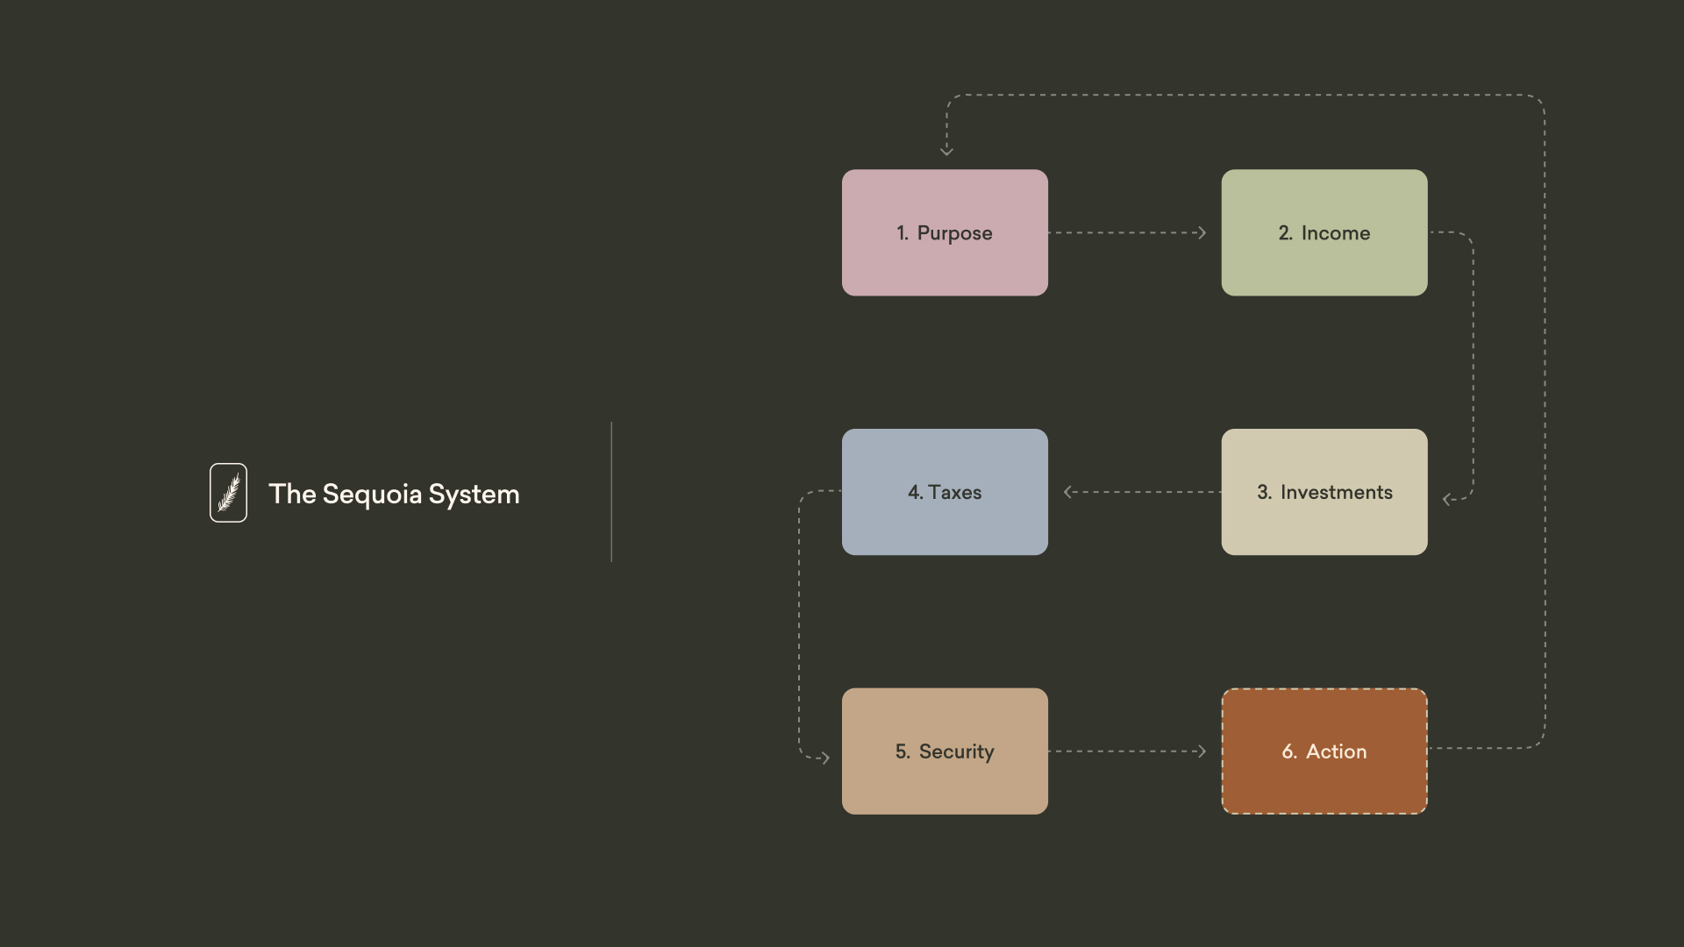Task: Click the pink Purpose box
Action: click(x=945, y=232)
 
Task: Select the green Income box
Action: click(x=1324, y=232)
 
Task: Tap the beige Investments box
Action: click(x=1324, y=492)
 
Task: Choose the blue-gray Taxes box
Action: click(x=945, y=492)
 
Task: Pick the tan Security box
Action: click(x=945, y=751)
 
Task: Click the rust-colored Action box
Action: click(x=1324, y=751)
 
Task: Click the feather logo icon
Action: click(x=228, y=493)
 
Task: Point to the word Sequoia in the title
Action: click(x=372, y=495)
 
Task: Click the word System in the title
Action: click(x=474, y=495)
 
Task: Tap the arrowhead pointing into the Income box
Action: click(x=1202, y=232)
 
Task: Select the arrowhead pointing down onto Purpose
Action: click(x=946, y=152)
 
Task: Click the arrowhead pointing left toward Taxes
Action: click(x=1067, y=492)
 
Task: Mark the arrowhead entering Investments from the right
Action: click(x=1446, y=500)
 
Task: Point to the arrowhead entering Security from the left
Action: click(x=825, y=758)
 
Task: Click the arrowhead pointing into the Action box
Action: click(x=1202, y=751)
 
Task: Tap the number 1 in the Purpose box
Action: click(x=902, y=233)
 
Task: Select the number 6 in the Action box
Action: click(x=1288, y=751)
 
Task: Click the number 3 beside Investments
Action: click(x=1263, y=492)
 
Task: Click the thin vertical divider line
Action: click(x=611, y=491)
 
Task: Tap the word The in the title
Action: click(x=292, y=495)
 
